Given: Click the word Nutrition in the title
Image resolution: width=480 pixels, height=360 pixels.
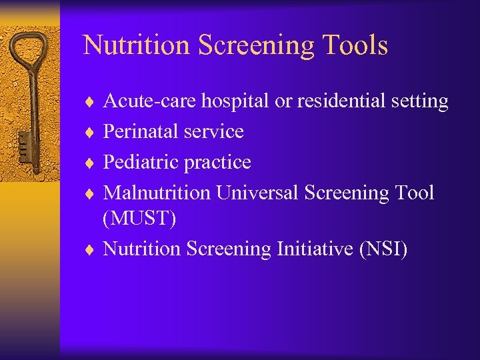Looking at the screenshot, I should [125, 45].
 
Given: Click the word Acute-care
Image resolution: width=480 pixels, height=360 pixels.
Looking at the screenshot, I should [150, 101].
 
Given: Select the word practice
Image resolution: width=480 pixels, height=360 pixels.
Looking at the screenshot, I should [217, 163].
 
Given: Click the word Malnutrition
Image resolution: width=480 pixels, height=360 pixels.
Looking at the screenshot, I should [157, 193].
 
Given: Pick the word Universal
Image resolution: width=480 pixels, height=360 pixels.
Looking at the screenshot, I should [258, 193].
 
